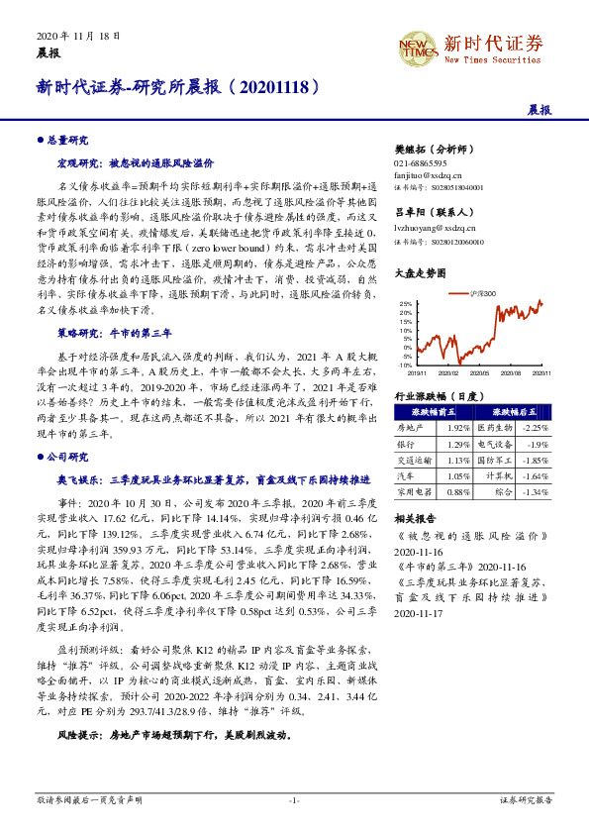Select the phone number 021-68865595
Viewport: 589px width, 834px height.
420,162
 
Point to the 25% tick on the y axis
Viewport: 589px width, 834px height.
405,303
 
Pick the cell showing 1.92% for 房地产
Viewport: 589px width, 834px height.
457,427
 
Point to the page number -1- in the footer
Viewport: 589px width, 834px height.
294,799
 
